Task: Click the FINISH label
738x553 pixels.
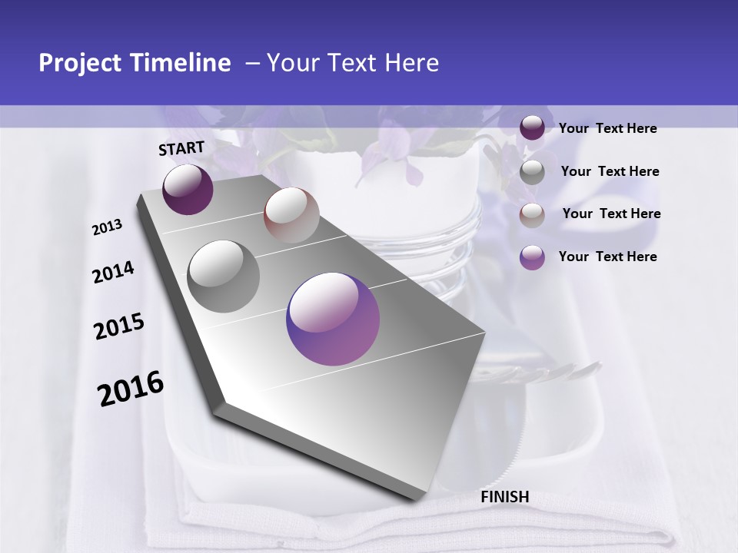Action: point(504,497)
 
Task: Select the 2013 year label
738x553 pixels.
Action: point(108,227)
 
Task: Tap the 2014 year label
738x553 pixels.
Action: point(113,273)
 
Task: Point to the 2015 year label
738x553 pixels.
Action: point(119,326)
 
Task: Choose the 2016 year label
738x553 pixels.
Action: point(131,389)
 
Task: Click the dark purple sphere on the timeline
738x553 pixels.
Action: point(188,189)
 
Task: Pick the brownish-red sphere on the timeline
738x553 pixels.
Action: point(291,214)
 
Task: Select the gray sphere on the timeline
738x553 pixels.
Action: point(224,276)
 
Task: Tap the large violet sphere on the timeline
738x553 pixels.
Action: point(332,318)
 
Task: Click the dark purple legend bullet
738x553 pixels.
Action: point(532,127)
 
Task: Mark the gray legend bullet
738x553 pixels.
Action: point(532,172)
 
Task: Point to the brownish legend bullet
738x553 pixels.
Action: point(532,214)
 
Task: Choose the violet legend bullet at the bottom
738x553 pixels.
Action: point(532,257)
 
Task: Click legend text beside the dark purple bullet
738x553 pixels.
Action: point(607,128)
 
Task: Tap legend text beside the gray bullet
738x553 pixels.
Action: point(610,171)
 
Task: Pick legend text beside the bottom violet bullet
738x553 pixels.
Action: point(607,257)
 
